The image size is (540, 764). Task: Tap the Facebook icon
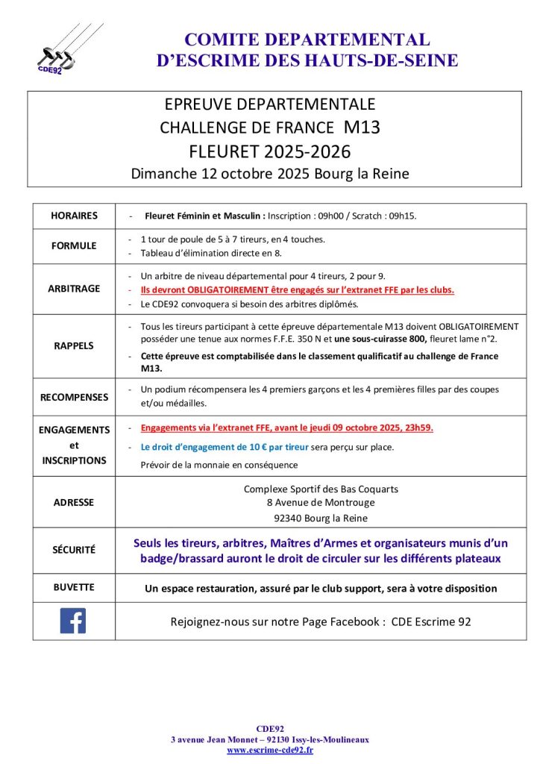tap(73, 621)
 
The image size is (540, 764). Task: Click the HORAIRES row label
tap(74, 216)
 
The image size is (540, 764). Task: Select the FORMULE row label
tap(74, 245)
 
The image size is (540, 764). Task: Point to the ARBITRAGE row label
tap(74, 289)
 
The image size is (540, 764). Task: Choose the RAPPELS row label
tap(74, 346)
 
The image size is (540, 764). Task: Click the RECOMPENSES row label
tap(74, 397)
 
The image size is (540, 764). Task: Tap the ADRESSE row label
tap(74, 502)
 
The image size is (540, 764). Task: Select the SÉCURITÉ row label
tap(74, 550)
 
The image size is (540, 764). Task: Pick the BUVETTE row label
tap(74, 587)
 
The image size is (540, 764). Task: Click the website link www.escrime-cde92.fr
tap(270, 750)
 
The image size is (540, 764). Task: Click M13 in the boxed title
tap(362, 127)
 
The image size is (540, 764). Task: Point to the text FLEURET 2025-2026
tap(270, 151)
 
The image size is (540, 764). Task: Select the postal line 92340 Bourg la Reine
tap(321, 519)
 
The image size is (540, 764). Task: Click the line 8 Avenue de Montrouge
tap(321, 503)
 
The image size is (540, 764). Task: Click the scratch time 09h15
tap(401, 216)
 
